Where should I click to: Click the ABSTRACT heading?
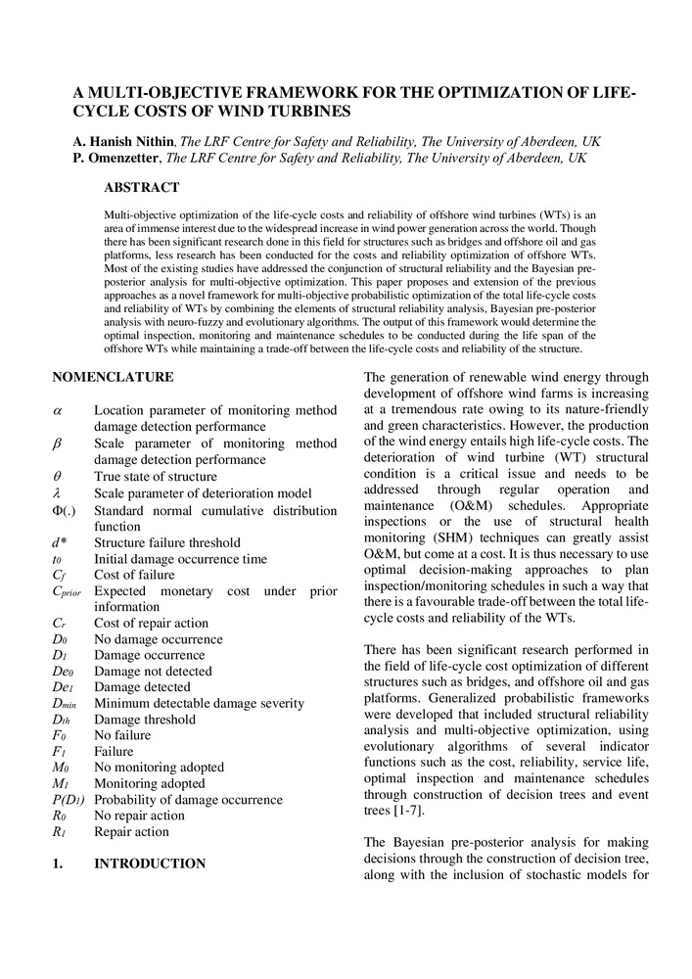[141, 188]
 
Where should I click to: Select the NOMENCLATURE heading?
[113, 376]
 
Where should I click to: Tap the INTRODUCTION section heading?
[150, 863]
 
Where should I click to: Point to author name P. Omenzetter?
[115, 157]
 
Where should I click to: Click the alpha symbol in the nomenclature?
[58, 412]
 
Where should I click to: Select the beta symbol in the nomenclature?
[58, 443]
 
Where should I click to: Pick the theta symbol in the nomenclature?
[57, 476]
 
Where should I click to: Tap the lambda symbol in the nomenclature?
[57, 492]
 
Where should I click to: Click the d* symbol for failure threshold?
[61, 542]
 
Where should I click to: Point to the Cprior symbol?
[67, 591]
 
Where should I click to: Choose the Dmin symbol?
[65, 703]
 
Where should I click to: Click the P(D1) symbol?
[69, 800]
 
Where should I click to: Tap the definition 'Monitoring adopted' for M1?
[150, 783]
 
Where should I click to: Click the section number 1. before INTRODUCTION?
[58, 863]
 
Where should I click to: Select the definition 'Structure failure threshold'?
[167, 542]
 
